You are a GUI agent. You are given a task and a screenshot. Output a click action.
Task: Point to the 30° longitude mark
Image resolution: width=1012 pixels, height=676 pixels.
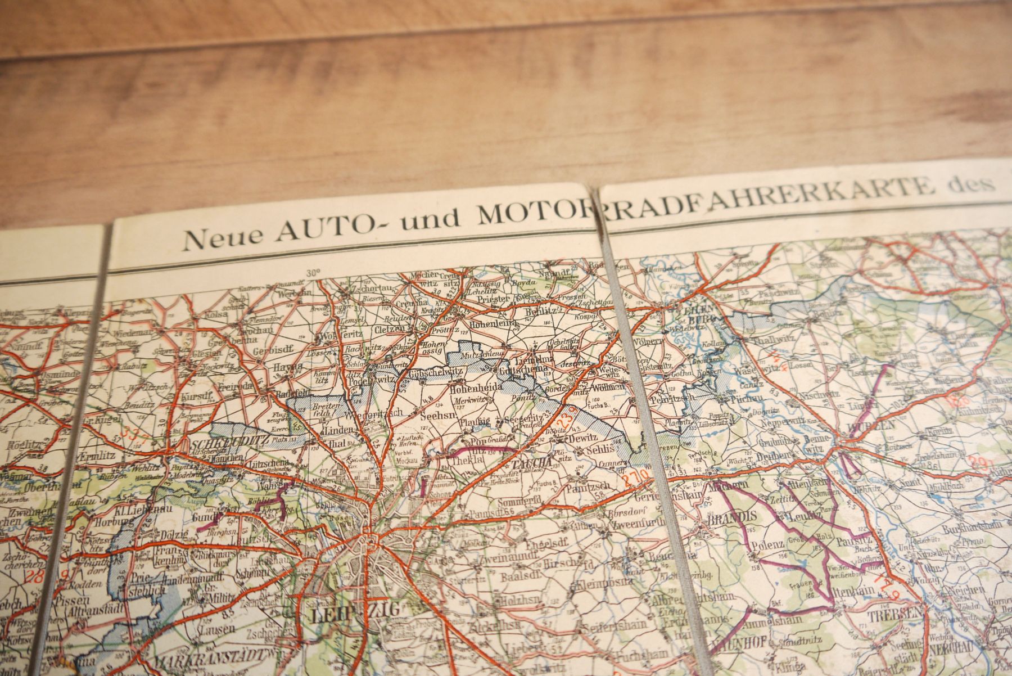pos(313,273)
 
